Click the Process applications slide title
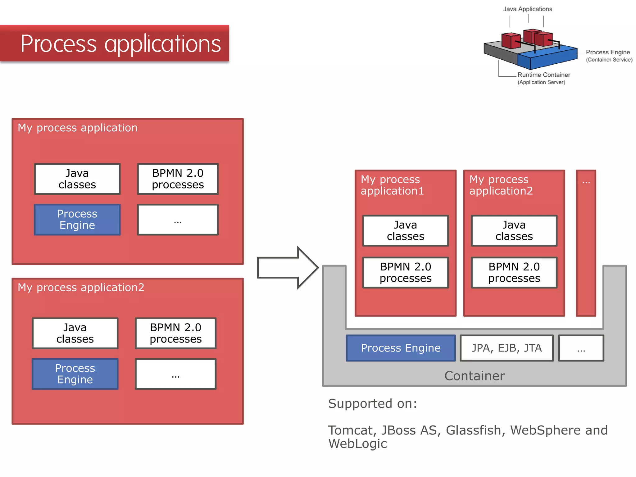[120, 43]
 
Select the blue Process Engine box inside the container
[401, 348]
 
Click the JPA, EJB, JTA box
[507, 348]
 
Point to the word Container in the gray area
[475, 376]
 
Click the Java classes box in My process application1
[406, 230]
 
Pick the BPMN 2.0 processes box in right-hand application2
[514, 272]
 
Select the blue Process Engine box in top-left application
[77, 219]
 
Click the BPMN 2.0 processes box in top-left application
[178, 179]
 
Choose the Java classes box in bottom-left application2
[75, 333]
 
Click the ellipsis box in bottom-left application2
[175, 374]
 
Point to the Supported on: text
[372, 403]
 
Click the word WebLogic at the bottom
[357, 443]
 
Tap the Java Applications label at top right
[527, 9]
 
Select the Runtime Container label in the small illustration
[543, 75]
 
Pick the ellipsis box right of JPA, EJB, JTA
[581, 348]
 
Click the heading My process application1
[392, 185]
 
